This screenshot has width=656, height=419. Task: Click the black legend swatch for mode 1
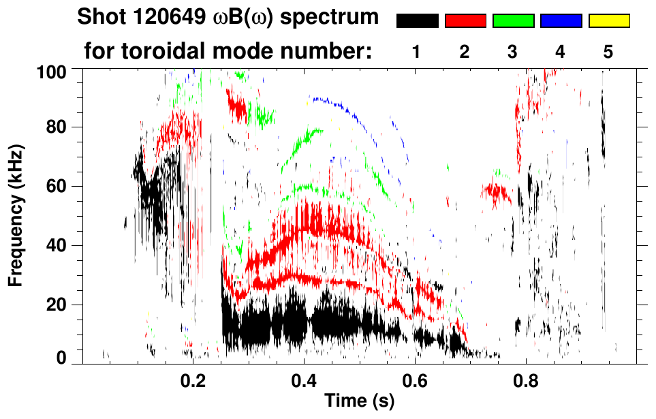point(418,21)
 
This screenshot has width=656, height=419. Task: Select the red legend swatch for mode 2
point(465,21)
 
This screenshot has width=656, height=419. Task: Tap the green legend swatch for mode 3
point(513,21)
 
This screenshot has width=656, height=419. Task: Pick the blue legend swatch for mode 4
point(561,21)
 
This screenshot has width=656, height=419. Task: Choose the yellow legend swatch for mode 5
point(609,21)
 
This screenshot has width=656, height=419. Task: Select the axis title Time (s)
point(359,402)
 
